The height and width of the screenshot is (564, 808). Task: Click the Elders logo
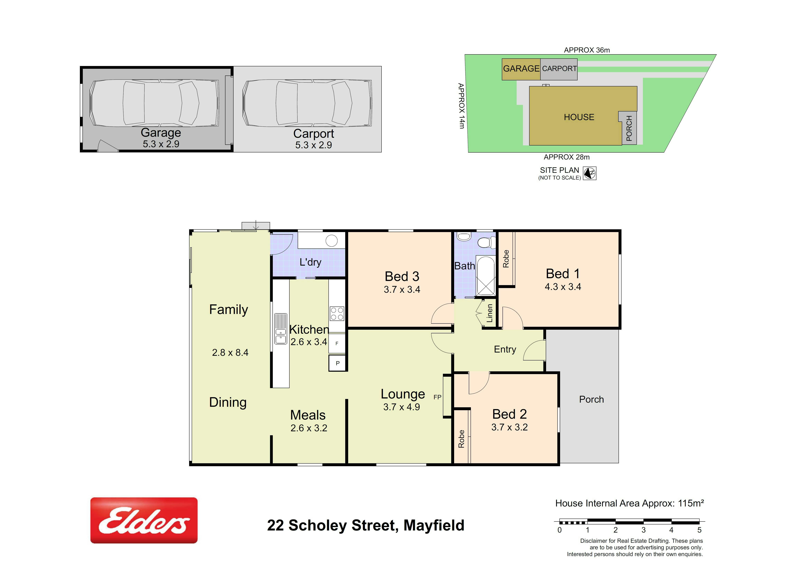pyautogui.click(x=144, y=520)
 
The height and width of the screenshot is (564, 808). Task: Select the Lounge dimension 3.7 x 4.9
pyautogui.click(x=402, y=407)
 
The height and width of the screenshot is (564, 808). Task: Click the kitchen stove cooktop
pyautogui.click(x=337, y=313)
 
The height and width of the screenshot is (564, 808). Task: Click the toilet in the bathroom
pyautogui.click(x=486, y=242)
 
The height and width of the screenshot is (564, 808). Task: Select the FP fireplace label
pyautogui.click(x=437, y=397)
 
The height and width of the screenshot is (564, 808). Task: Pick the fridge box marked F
pyautogui.click(x=337, y=343)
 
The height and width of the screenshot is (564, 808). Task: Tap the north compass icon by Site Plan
pyautogui.click(x=589, y=173)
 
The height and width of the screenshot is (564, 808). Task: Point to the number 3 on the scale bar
pyautogui.click(x=643, y=530)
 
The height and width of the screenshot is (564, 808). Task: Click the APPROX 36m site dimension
pyautogui.click(x=587, y=50)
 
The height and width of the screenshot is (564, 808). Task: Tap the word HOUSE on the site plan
pyautogui.click(x=579, y=117)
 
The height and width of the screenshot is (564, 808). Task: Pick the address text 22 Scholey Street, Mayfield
pyautogui.click(x=366, y=525)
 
